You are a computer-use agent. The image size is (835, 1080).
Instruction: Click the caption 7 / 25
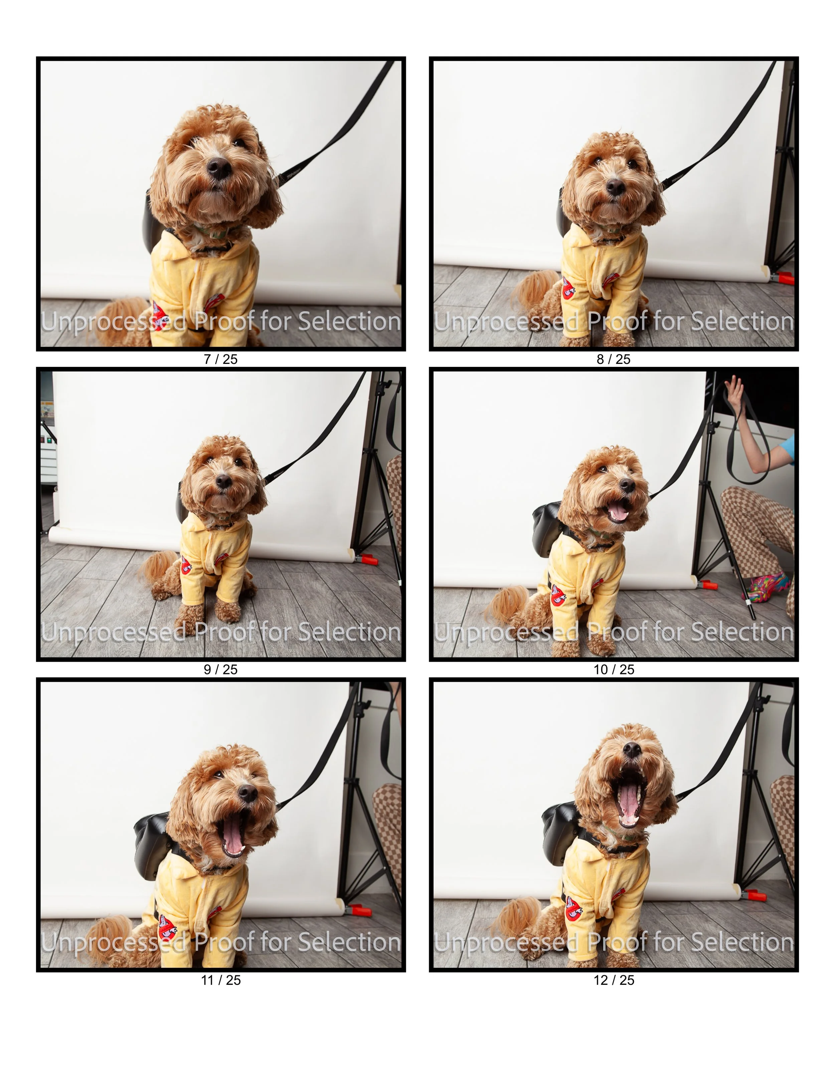(221, 360)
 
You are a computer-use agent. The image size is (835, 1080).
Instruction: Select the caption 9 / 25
(221, 670)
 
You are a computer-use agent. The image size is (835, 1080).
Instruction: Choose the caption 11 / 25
(221, 980)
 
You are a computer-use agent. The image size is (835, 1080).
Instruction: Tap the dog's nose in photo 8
(615, 186)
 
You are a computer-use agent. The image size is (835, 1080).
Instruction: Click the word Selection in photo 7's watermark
(350, 322)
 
